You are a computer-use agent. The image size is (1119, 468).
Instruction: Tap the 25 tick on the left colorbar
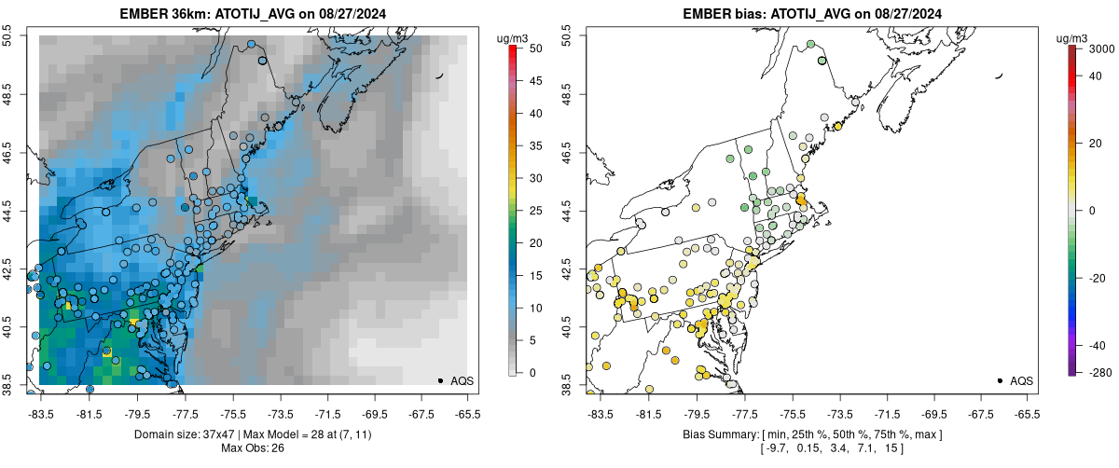click(529, 210)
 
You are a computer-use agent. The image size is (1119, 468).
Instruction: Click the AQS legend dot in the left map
click(440, 380)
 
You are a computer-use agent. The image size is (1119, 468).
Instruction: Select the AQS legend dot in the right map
click(1000, 380)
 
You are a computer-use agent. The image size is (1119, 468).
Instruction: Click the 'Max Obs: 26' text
click(253, 448)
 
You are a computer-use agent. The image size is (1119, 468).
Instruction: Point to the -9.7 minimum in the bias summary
click(778, 448)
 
